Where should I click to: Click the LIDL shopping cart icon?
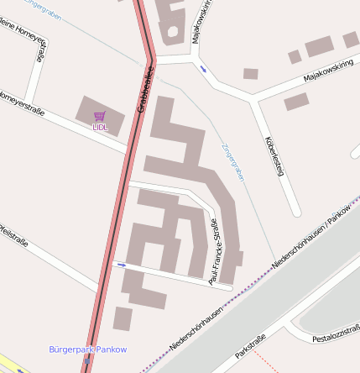(x=100, y=116)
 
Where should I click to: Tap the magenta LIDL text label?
(x=100, y=127)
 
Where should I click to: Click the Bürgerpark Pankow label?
(x=87, y=349)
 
